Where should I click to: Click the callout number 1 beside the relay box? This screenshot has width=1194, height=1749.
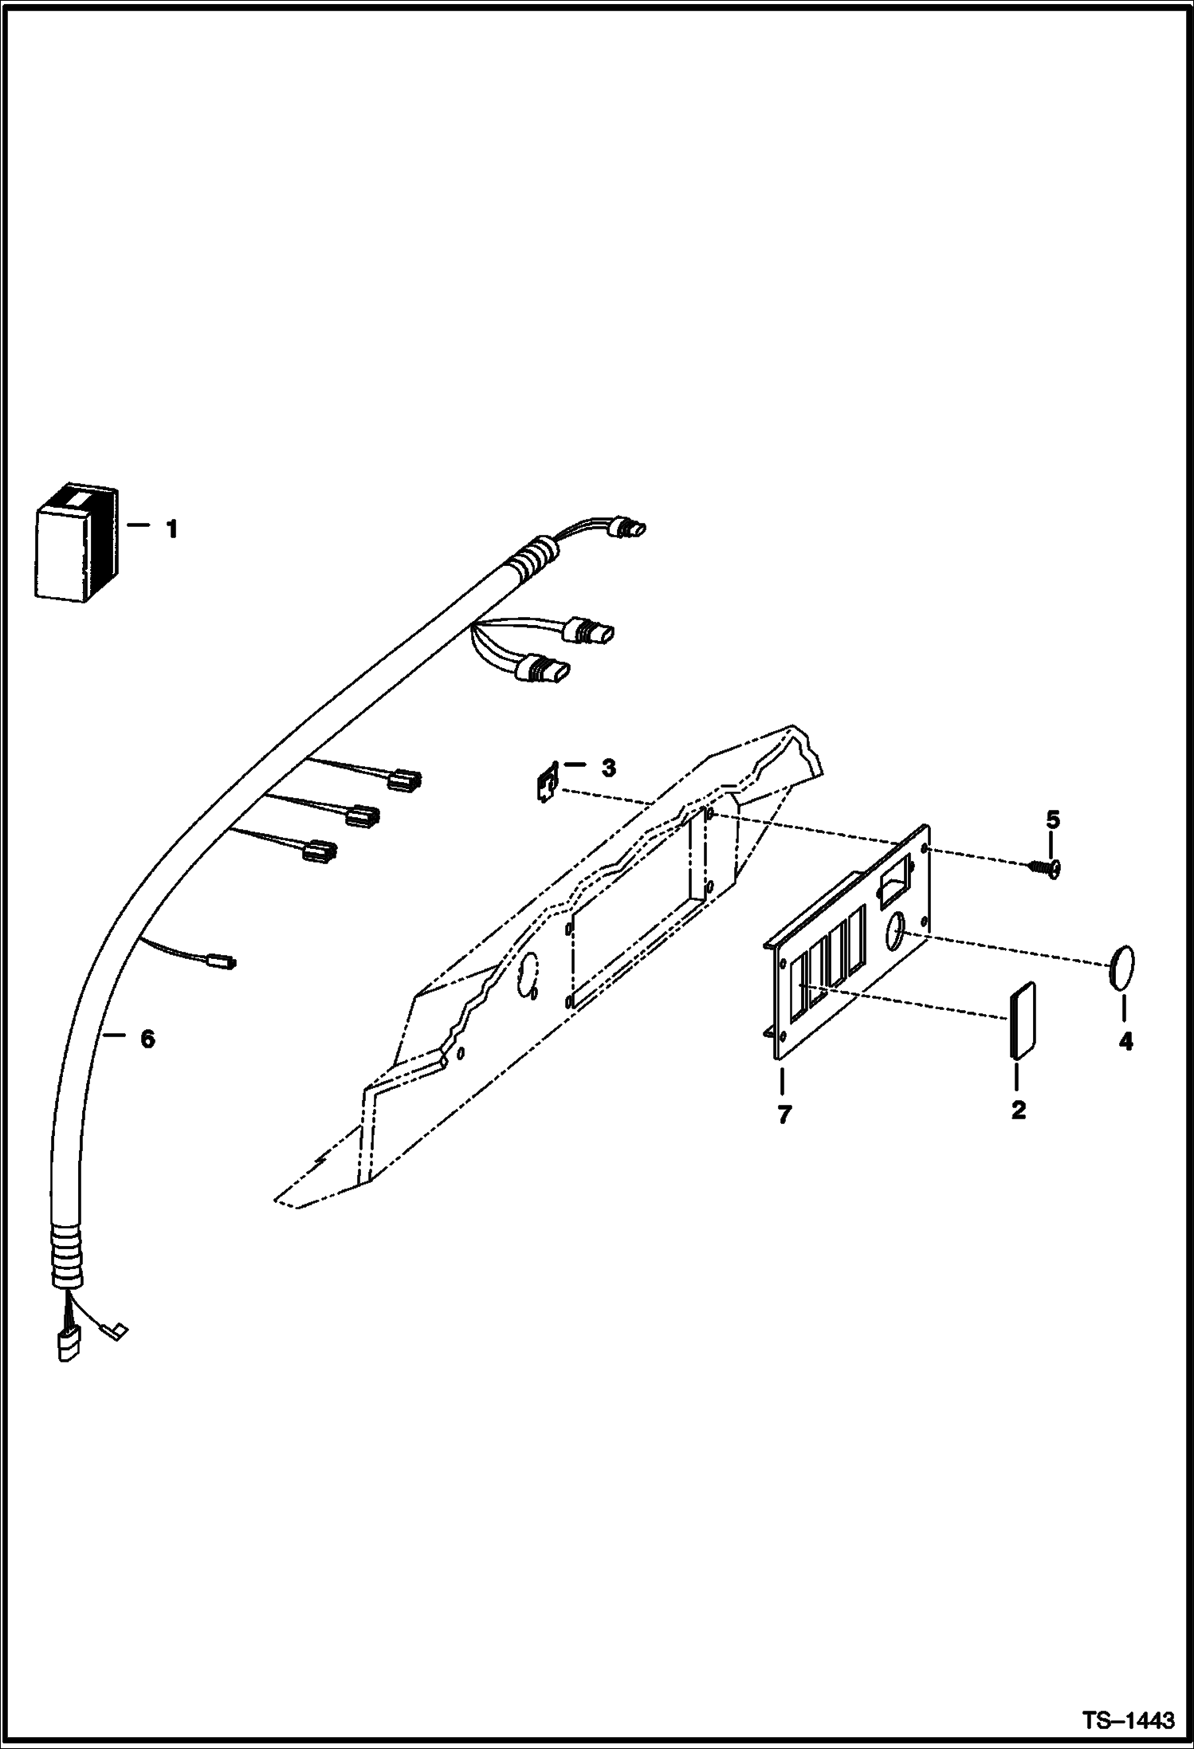click(x=171, y=529)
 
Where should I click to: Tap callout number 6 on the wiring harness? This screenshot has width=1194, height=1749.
click(x=147, y=1040)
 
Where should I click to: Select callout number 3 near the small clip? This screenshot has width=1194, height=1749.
click(x=608, y=768)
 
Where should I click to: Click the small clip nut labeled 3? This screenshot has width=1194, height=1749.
click(x=546, y=787)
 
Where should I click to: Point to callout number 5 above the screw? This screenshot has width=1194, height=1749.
click(x=1053, y=819)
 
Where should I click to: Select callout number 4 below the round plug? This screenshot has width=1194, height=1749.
click(x=1125, y=1041)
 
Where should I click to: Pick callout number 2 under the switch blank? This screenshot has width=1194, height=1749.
click(x=1018, y=1110)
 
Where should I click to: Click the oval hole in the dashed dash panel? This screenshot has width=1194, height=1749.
click(x=527, y=979)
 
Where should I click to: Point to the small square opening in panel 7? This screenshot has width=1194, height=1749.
click(x=890, y=885)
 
